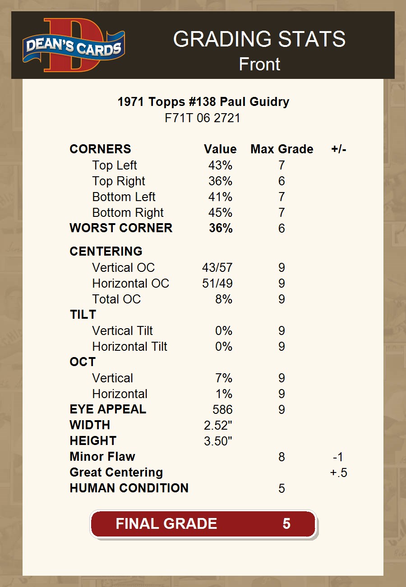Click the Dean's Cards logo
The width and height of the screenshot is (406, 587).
(74, 45)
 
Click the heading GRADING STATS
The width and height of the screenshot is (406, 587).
(259, 39)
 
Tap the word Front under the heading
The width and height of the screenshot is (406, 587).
(259, 64)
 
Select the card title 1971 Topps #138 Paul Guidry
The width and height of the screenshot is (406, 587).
(203, 102)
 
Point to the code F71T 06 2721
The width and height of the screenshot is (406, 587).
(203, 118)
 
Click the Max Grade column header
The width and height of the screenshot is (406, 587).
(281, 149)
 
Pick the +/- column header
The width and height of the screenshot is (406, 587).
(338, 149)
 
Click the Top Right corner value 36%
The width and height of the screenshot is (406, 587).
(220, 181)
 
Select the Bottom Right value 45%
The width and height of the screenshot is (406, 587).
(220, 213)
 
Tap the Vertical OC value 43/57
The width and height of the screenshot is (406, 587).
(217, 268)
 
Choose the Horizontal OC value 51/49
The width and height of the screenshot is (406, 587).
(217, 284)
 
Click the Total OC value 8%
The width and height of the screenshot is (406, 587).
(223, 299)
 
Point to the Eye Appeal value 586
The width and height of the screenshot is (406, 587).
(222, 409)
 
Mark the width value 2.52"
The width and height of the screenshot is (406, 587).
(218, 425)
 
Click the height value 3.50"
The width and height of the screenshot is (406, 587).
(218, 441)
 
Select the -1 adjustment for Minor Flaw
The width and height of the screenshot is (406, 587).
(338, 457)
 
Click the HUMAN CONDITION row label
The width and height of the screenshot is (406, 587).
(129, 488)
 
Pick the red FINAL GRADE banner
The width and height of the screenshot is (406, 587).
(203, 524)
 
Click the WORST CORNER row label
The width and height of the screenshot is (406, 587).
(121, 228)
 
